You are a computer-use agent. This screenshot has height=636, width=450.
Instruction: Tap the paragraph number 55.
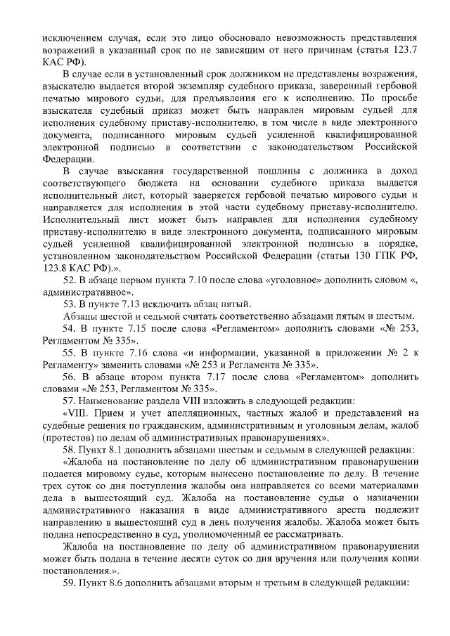pos(69,365)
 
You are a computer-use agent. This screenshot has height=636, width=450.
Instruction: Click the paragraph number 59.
pos(69,583)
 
